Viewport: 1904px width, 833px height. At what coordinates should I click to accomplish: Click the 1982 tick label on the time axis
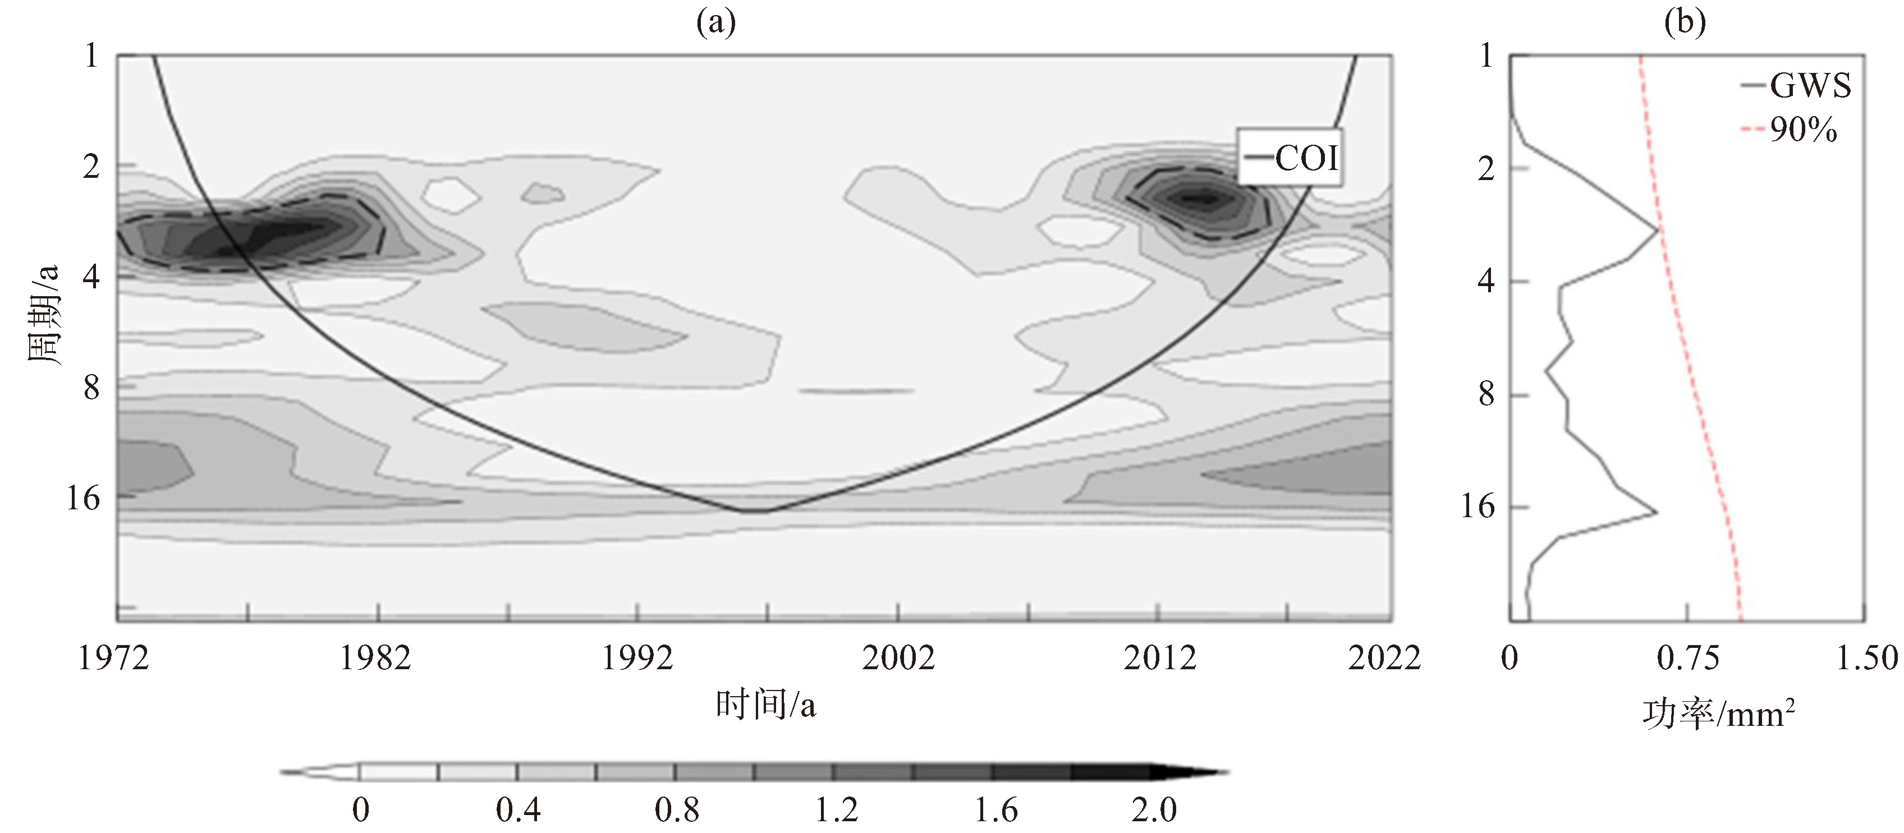tap(375, 657)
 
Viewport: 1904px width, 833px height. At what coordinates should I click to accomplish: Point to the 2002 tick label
tap(898, 657)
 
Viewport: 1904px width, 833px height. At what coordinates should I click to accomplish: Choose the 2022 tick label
tap(1384, 657)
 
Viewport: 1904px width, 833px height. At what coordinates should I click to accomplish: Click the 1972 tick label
tap(114, 657)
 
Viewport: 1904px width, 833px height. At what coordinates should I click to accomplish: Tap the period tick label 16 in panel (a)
tap(83, 498)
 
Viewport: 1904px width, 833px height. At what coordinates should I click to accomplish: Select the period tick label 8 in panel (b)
tap(1487, 394)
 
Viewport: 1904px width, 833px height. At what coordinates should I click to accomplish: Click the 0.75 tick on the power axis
tap(1687, 657)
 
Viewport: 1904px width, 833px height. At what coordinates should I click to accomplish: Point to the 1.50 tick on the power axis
tap(1867, 657)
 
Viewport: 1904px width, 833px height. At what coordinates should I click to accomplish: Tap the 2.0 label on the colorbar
tap(1154, 810)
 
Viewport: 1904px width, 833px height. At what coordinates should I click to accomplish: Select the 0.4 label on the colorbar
tap(518, 810)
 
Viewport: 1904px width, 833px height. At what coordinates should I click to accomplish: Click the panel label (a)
tap(716, 23)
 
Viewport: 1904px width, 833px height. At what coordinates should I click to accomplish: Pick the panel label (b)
tap(1685, 23)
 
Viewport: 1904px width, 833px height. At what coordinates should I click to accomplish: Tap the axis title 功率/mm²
tap(1718, 714)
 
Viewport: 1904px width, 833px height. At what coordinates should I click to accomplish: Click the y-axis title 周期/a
tap(43, 314)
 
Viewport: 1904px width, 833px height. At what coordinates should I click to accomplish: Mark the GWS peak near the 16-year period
tap(1657, 512)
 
